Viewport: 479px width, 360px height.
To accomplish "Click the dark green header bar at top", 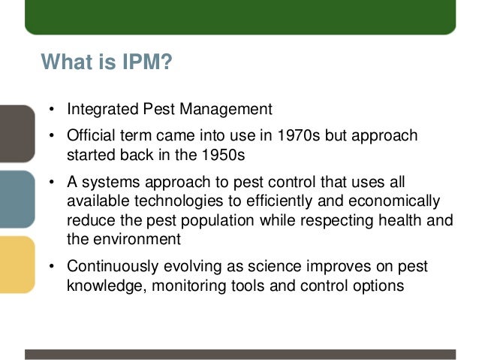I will (x=240, y=17).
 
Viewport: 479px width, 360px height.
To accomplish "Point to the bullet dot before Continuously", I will (x=53, y=268).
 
